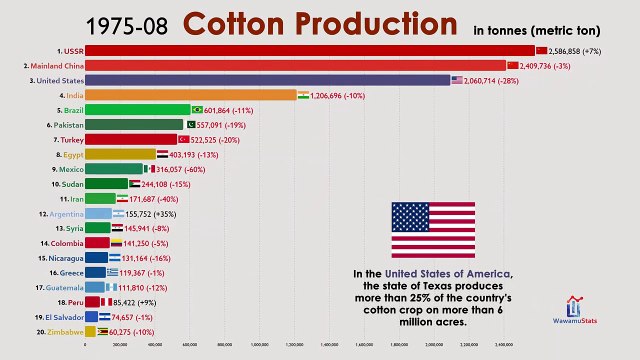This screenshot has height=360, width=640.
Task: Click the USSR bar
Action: click(x=310, y=50)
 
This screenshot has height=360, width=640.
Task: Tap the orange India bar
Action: click(x=191, y=95)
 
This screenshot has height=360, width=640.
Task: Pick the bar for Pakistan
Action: click(x=134, y=125)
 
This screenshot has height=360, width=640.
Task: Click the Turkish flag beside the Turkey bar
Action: click(x=184, y=140)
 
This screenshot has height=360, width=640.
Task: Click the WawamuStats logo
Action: click(x=576, y=311)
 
